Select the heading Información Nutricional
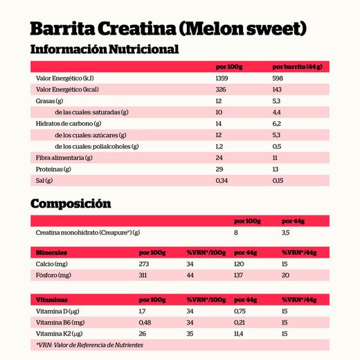105,50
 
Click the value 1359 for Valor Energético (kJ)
223,79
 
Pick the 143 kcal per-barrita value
278,90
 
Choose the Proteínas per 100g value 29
219,169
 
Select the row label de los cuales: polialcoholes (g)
97,146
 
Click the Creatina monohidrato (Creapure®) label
88,233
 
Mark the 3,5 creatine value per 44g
286,233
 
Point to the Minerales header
51,253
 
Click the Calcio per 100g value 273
145,264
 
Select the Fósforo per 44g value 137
241,275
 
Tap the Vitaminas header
51,300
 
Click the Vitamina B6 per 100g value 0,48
145,323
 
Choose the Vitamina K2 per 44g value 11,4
241,334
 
